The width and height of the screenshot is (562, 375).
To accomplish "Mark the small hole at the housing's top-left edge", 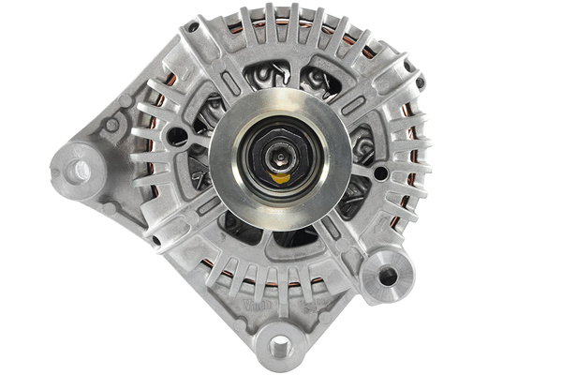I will pos(191,28).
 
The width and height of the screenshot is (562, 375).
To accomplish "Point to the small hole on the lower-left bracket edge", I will pos(155,241).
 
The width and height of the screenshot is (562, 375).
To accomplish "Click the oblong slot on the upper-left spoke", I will pos(217,97).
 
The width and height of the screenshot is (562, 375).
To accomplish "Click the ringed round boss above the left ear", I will pos(112,125).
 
